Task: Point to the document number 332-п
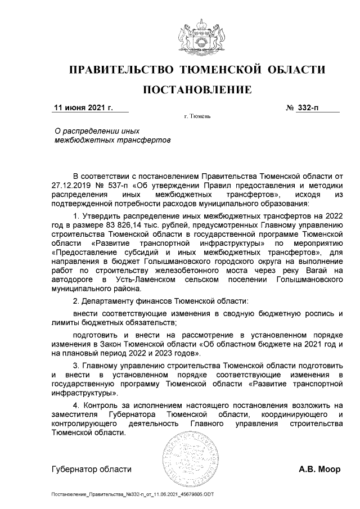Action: [308, 107]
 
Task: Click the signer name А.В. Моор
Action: [319, 469]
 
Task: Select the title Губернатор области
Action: [91, 469]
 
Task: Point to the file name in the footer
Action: [132, 494]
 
